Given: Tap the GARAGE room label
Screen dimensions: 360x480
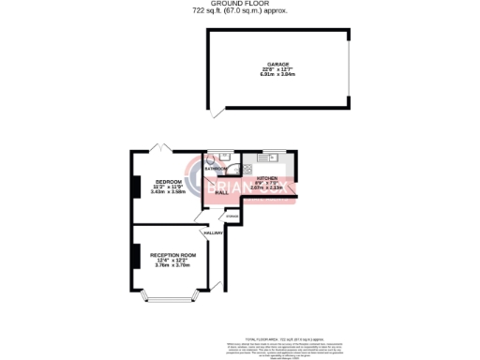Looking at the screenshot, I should tap(277, 63).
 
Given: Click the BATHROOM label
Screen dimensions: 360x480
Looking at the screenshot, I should tap(216, 169).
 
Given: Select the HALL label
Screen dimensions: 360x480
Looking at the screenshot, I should tap(221, 191).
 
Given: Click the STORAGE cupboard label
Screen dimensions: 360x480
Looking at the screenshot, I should tap(232, 217).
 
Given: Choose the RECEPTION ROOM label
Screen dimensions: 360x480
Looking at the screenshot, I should tap(175, 255).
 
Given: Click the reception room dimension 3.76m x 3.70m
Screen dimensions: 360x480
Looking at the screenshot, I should tap(175, 266).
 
